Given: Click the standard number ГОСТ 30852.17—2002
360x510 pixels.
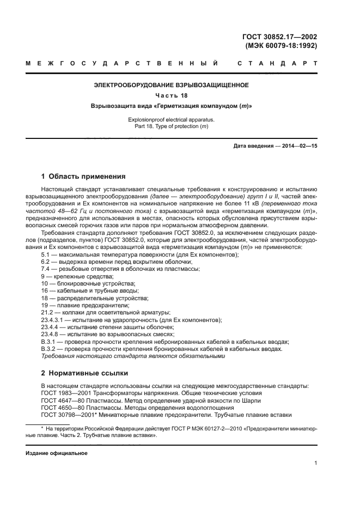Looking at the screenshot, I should pyautogui.click(x=279, y=37).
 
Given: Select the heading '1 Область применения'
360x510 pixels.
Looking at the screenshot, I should pyautogui.click(x=83, y=177).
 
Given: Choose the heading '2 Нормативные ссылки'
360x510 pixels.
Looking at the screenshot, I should pyautogui.click(x=84, y=373).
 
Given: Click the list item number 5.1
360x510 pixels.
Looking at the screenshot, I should pyautogui.click(x=46, y=255).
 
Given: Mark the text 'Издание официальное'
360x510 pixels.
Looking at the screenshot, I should pyautogui.click(x=57, y=453).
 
